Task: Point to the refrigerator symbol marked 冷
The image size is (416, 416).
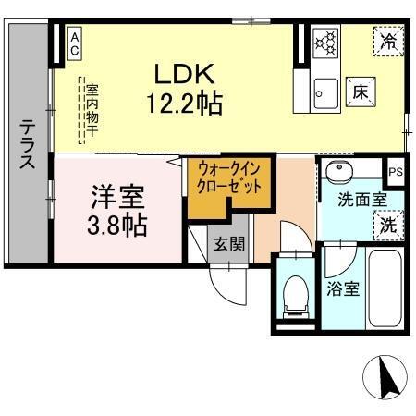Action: point(389,42)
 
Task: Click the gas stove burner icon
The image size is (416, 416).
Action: point(325,43)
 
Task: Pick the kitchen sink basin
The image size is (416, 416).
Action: point(324,92)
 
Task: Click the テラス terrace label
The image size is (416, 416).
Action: point(28,144)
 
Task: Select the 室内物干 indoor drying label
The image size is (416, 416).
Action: point(92,112)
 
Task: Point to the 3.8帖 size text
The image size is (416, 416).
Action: point(118,225)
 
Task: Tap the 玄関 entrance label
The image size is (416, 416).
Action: point(229,244)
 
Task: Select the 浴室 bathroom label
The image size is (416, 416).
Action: point(344,288)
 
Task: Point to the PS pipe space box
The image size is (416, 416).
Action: point(396,172)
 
